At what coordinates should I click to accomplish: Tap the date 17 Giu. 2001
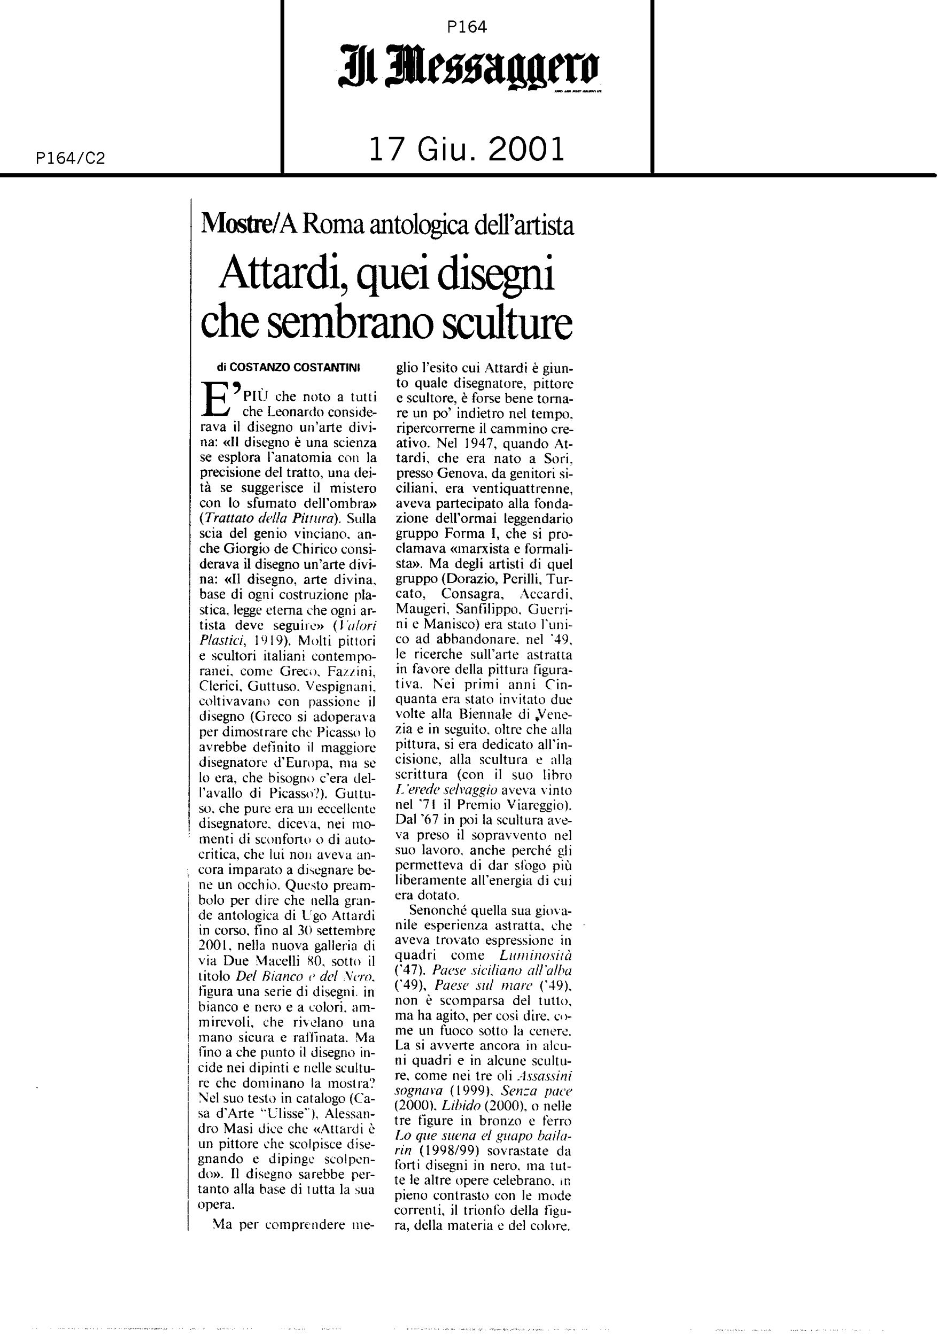(467, 150)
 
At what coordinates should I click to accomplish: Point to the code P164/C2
(70, 158)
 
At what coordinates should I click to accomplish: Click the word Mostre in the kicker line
(235, 224)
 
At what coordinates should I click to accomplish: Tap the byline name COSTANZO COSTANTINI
(296, 367)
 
